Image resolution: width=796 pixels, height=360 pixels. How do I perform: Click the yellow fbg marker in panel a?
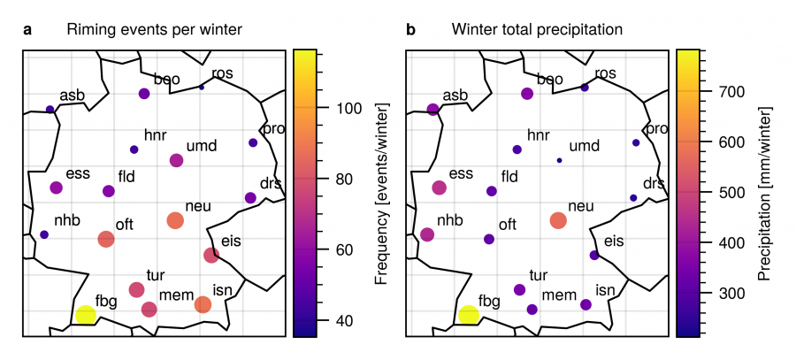tap(85, 315)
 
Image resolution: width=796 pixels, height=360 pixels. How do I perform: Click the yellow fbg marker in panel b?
tap(469, 315)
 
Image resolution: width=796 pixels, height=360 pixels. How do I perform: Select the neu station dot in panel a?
tap(175, 220)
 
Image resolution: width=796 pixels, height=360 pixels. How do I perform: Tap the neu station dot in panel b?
tap(557, 220)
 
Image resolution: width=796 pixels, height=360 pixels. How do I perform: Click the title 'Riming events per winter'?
tap(155, 30)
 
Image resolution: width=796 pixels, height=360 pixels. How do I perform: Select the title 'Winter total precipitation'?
tap(537, 30)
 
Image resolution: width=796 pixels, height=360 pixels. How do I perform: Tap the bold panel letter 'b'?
tap(410, 30)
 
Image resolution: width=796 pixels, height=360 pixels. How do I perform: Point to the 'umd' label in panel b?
tap(584, 145)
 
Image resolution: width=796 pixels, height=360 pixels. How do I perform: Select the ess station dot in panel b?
tap(440, 188)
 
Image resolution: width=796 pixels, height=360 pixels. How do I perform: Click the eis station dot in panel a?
tap(211, 256)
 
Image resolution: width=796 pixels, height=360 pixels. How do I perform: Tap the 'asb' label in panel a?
tap(73, 95)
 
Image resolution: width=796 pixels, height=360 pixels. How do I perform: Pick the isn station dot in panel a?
tap(203, 304)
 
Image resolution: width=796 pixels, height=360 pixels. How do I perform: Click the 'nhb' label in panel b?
tap(449, 219)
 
